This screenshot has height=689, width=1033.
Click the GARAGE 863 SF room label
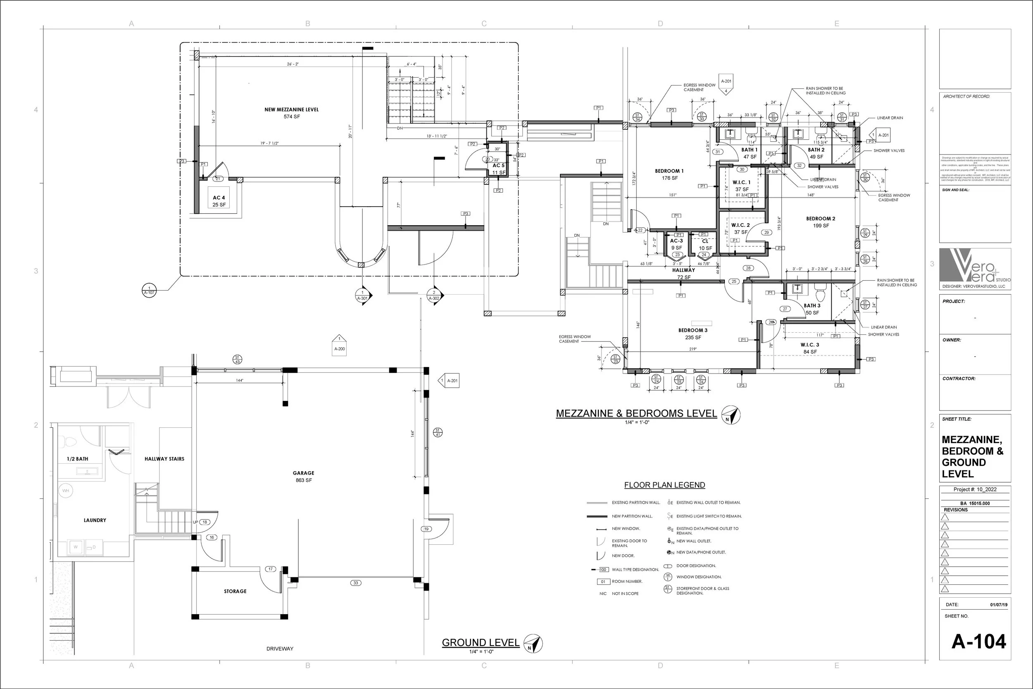pos(303,476)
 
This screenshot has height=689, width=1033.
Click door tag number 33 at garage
pos(356,583)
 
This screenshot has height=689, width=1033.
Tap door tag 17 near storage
pos(271,569)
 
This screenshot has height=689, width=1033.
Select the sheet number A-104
pos(978,641)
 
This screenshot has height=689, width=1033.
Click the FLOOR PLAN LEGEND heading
pos(664,485)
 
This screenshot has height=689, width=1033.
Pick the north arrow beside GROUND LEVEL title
pos(533,644)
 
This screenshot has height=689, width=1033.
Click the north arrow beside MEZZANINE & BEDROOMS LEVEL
pos(731,415)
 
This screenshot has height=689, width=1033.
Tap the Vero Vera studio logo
pos(975,266)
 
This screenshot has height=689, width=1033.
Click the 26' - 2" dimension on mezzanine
pos(293,64)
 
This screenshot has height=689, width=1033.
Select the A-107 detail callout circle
pos(149,290)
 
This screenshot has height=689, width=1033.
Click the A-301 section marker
pos(362,295)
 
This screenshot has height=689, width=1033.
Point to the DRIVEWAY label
pos(280,648)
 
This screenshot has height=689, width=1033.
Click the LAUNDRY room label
pos(95,520)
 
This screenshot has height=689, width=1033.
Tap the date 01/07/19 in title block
pos(998,605)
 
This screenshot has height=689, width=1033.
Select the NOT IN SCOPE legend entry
pos(625,593)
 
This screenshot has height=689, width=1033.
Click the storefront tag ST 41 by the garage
pos(438,432)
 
